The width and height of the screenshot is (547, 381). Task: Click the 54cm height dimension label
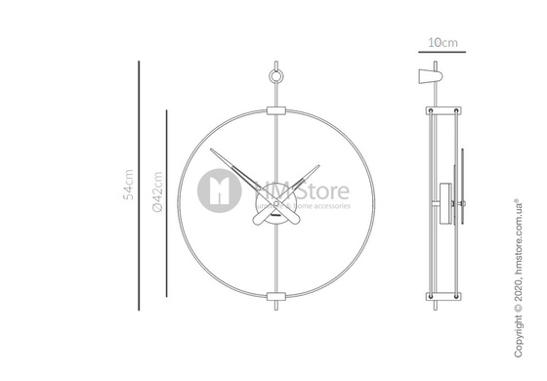128,182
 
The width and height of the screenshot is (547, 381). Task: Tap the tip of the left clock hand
212,148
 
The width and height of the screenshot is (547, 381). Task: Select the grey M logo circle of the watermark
219,190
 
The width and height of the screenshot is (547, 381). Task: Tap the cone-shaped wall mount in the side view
428,77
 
